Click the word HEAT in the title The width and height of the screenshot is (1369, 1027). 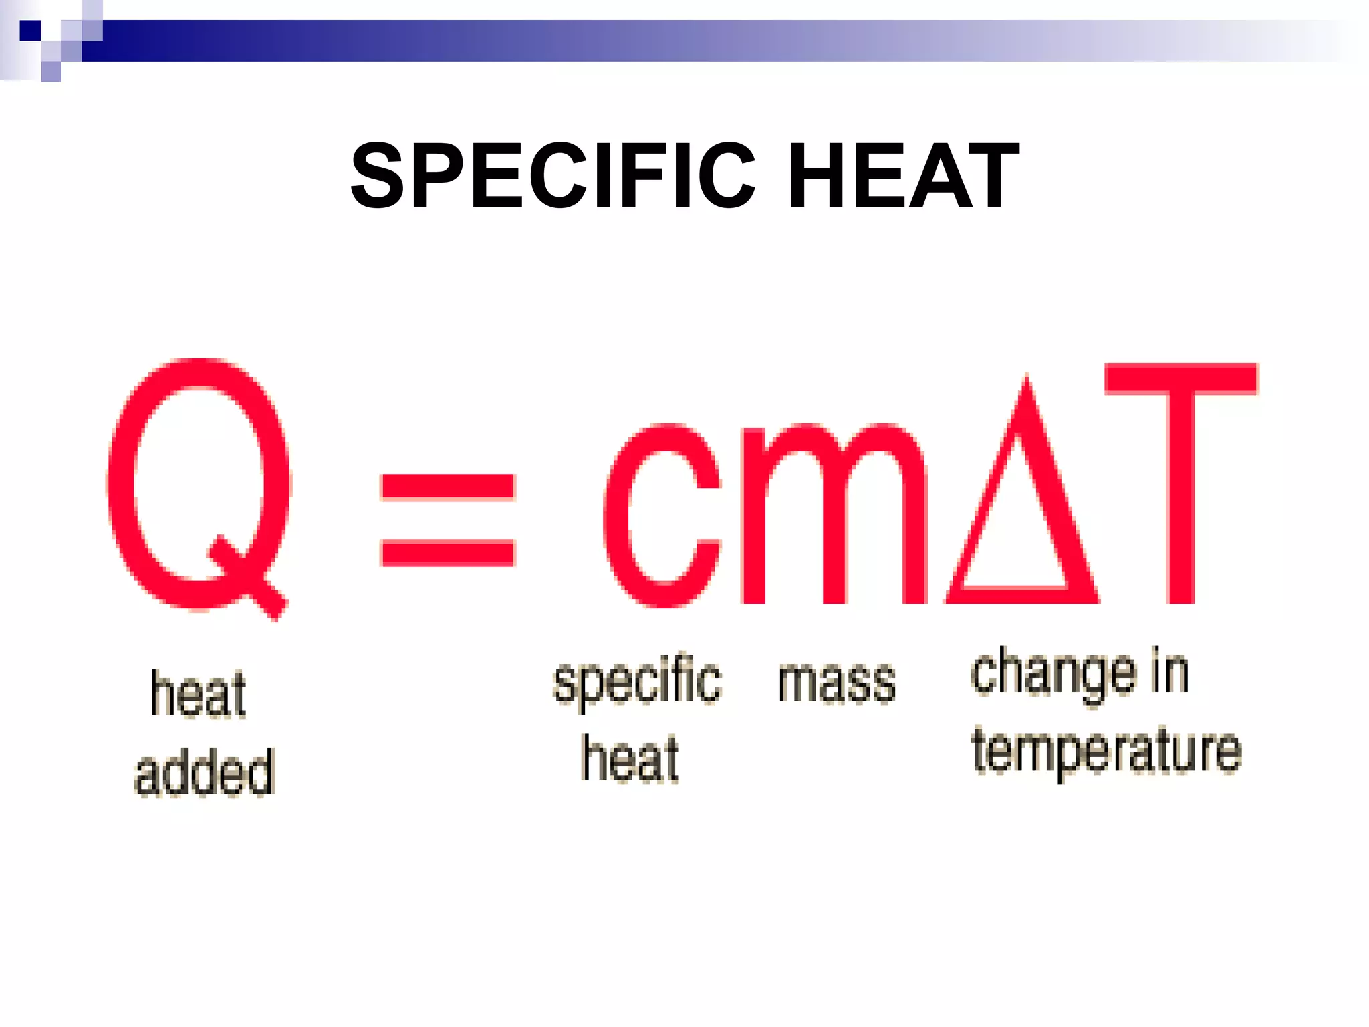[904, 177]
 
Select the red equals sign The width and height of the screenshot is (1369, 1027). [447, 520]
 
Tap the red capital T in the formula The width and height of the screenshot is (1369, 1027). [1181, 481]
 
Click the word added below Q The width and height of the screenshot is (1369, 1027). [205, 772]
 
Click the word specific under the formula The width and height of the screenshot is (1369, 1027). [637, 682]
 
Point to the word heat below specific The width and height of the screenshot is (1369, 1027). [630, 759]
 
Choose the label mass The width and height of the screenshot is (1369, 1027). [837, 682]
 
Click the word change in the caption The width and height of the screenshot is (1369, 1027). [1053, 674]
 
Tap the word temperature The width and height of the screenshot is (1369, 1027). [1106, 752]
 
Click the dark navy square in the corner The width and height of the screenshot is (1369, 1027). [30, 31]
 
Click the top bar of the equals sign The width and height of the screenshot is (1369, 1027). [447, 487]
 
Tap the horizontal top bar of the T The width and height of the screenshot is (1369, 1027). [1181, 378]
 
